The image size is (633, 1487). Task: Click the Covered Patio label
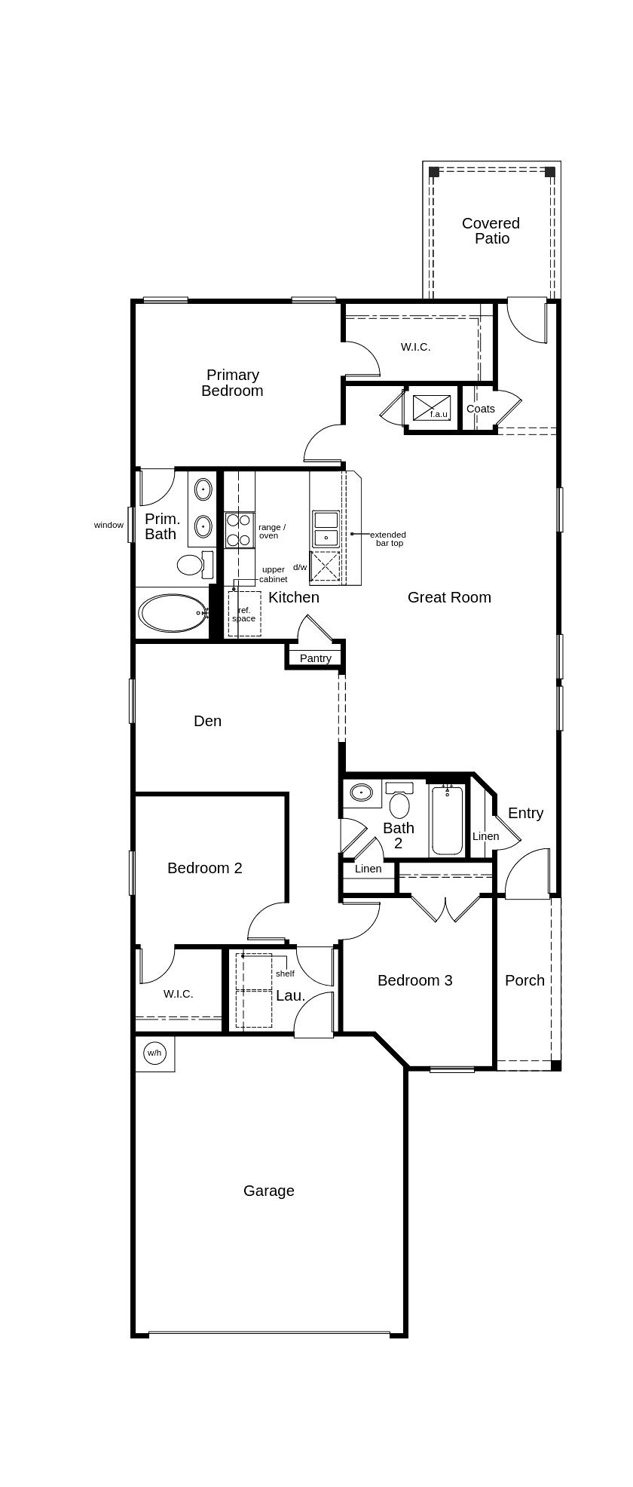coord(491,231)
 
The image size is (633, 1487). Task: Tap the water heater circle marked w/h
coord(154,1053)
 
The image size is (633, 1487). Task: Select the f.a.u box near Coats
coord(432,408)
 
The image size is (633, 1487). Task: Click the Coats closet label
coord(480,409)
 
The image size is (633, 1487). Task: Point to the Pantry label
coord(315,658)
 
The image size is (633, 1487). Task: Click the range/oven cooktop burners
coord(239,530)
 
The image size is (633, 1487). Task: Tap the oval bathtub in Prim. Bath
coord(173,613)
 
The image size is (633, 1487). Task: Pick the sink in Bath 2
coord(362,793)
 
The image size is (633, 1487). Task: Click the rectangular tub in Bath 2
coord(448,820)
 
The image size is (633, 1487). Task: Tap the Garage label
coord(268,1191)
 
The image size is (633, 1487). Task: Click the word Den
coord(207,721)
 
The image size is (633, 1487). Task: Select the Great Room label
coord(449,597)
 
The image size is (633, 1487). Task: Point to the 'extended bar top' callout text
coord(388,538)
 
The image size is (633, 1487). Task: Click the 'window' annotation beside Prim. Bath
coord(109,525)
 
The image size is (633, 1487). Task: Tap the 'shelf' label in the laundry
coord(285,973)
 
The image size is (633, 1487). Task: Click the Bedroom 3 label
coord(414,980)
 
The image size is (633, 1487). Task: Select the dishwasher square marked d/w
coord(326,566)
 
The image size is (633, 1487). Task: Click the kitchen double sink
coord(326,528)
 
